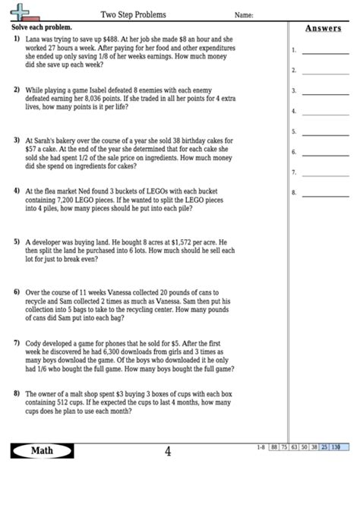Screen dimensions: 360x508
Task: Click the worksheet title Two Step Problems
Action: pyautogui.click(x=134, y=14)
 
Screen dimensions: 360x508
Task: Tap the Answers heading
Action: pyautogui.click(x=323, y=28)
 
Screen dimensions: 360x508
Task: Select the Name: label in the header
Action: pyautogui.click(x=244, y=14)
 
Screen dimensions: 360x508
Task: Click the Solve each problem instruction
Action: pyautogui.click(x=38, y=27)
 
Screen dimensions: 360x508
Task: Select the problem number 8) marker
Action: pyautogui.click(x=16, y=393)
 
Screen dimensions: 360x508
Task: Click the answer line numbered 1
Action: pyautogui.click(x=320, y=53)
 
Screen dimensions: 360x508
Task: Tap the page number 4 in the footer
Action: pyautogui.click(x=168, y=453)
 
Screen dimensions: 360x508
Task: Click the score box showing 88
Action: pyautogui.click(x=273, y=446)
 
